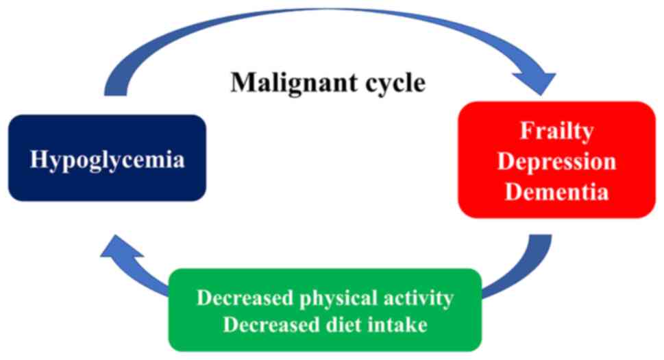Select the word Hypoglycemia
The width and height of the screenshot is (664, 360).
pos(108,160)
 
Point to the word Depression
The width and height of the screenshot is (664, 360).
pos(556,162)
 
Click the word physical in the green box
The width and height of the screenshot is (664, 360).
pos(331,299)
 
